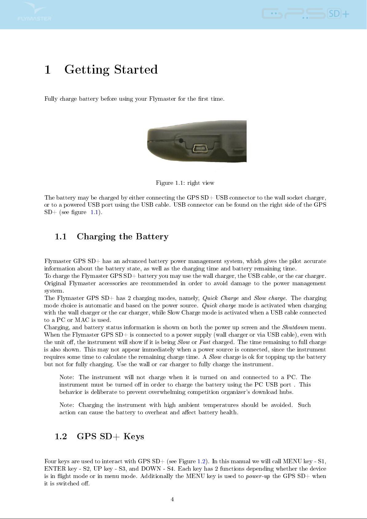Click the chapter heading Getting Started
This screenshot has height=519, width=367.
pos(111,70)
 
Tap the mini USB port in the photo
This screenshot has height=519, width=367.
pos(200,148)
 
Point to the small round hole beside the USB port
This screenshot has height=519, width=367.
pos(181,140)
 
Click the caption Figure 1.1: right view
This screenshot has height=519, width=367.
pos(185,183)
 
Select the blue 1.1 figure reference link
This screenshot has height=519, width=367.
pos(94,212)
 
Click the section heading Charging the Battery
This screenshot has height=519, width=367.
pos(123,237)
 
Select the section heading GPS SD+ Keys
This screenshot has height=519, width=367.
pos(110,436)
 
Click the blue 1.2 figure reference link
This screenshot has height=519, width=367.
pos(201,461)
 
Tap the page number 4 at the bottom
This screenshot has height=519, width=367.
pos(172,499)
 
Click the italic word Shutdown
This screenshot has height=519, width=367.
pos(295,327)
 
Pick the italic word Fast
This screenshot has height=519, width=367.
pos(205,342)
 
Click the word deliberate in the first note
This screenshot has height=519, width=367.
pos(104,392)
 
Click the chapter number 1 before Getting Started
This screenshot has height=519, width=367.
pos(47,70)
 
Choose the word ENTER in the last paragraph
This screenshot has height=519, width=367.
pos(55,469)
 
